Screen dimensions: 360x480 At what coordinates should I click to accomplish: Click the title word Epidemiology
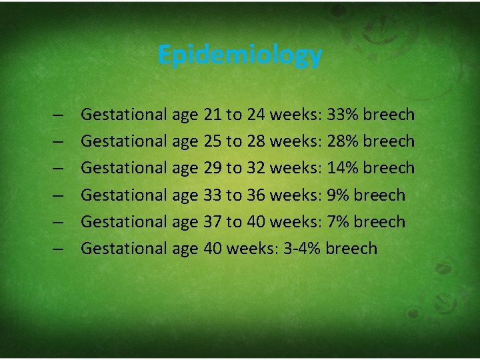point(240,55)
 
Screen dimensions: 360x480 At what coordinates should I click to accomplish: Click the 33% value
point(342,115)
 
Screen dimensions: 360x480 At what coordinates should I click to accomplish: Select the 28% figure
point(342,141)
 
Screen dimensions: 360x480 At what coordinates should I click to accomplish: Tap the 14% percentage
point(342,168)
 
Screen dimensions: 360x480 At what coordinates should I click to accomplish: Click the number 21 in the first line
point(213,115)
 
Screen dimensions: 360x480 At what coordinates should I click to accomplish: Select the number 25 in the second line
point(213,141)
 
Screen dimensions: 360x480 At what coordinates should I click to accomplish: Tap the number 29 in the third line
point(213,168)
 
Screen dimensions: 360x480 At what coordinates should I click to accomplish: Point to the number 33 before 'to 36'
point(213,195)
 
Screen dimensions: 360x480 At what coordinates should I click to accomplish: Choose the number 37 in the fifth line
point(213,221)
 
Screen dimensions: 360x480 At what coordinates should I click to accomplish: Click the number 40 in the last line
point(213,249)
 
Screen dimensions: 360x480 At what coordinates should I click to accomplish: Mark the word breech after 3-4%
point(352,249)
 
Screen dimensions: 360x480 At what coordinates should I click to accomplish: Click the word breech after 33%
point(389,115)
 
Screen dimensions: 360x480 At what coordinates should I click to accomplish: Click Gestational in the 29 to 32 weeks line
point(123,168)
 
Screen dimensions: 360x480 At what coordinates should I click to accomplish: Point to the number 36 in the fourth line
point(257,195)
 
